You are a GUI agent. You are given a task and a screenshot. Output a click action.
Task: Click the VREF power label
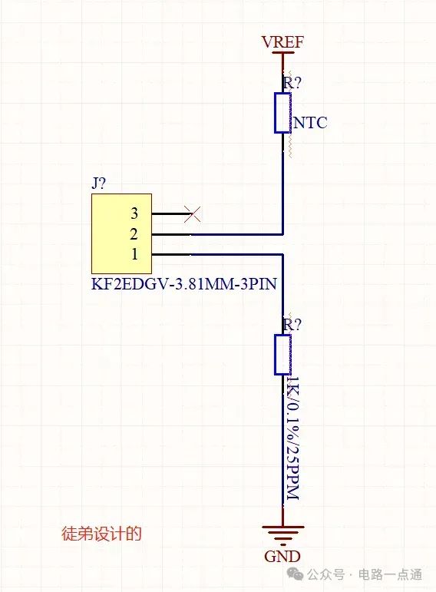point(282,41)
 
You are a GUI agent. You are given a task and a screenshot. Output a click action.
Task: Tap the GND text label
point(282,556)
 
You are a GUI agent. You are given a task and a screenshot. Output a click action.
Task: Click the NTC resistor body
point(282,113)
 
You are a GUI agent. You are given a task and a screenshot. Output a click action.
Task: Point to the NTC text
point(310,123)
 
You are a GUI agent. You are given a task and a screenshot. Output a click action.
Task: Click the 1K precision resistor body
point(282,354)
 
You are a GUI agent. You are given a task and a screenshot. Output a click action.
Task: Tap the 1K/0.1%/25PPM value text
point(292,438)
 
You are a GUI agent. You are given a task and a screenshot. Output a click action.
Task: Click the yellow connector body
point(121,233)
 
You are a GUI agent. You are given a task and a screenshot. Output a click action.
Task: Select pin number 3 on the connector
point(134,213)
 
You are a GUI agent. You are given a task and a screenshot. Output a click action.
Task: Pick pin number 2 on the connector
point(134,234)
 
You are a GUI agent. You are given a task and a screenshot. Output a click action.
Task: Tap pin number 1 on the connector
point(134,254)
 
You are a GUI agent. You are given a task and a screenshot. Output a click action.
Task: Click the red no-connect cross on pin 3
point(192,214)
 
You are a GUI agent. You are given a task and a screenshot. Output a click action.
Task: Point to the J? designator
point(98,184)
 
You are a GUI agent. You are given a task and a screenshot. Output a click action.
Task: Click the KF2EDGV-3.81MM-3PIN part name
point(184,284)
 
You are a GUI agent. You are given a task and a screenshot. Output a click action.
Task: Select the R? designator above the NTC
point(292,82)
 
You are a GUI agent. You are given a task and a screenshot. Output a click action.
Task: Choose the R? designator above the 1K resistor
point(292,324)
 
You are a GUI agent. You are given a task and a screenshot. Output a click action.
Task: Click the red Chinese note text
point(101,534)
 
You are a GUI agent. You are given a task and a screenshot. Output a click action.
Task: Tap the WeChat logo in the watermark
point(295,574)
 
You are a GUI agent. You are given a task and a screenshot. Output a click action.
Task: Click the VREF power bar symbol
point(282,53)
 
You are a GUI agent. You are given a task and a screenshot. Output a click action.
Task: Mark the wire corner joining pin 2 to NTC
point(282,234)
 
